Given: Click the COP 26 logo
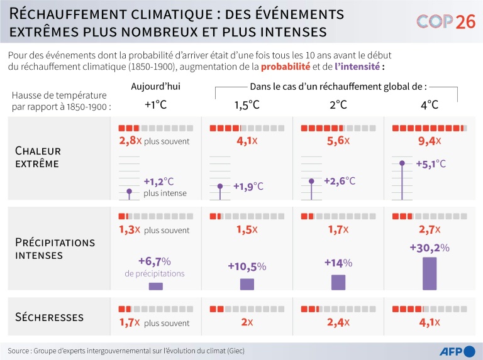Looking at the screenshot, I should click(x=446, y=22).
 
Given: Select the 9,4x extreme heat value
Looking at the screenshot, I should click(x=430, y=141).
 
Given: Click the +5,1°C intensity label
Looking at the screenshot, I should click(x=431, y=164).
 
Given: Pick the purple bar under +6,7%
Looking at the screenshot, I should click(x=155, y=286).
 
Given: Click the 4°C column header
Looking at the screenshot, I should click(x=430, y=105).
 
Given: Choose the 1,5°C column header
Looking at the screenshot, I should click(x=247, y=105).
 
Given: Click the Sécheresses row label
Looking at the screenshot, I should click(x=49, y=317).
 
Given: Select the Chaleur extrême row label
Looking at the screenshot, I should click(x=38, y=157).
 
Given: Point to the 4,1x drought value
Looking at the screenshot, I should click(x=430, y=323).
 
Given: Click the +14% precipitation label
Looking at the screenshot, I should click(x=338, y=263).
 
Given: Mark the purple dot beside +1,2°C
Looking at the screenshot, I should click(x=130, y=190).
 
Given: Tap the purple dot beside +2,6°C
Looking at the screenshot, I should click(x=312, y=181).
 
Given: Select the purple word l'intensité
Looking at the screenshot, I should click(x=357, y=66).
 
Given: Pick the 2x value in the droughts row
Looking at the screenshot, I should click(x=246, y=323).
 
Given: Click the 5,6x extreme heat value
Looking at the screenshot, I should click(x=338, y=141).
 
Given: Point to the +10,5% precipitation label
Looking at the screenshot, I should click(x=247, y=266).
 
